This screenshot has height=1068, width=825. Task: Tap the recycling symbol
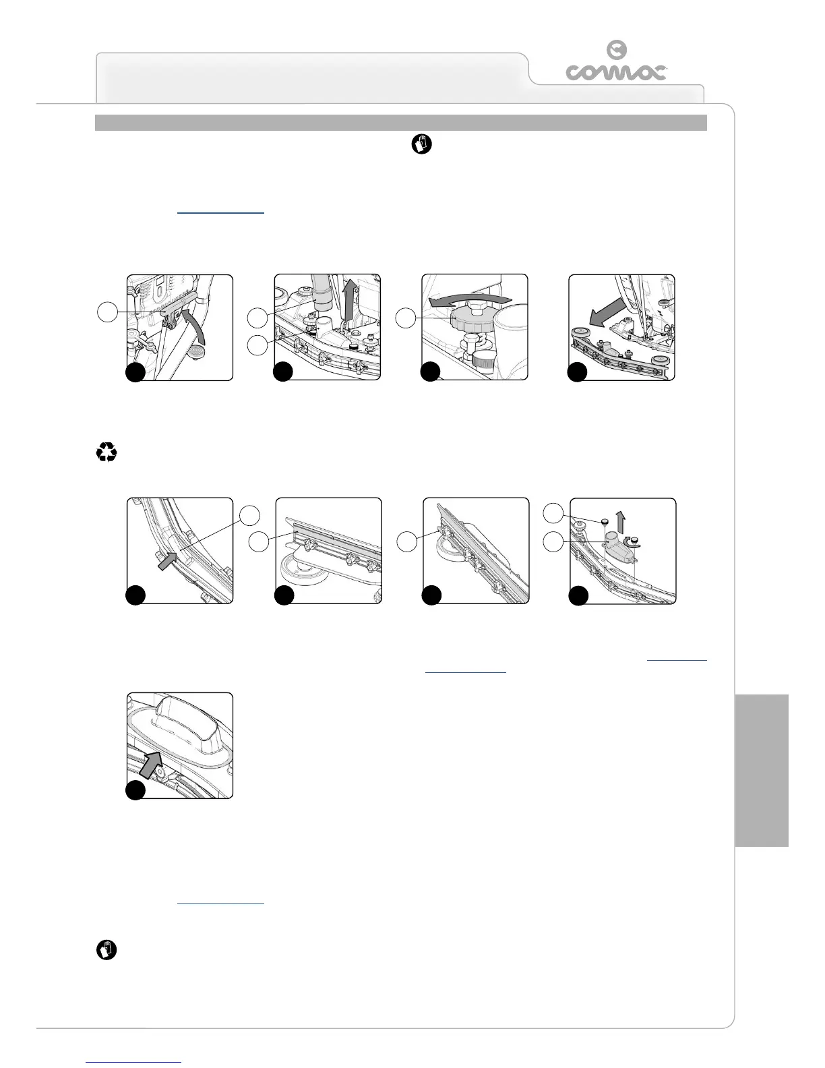point(106,452)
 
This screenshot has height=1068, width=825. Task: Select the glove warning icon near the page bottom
point(106,951)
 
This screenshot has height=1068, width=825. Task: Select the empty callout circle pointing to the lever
point(106,312)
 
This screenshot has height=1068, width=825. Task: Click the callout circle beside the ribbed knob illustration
point(405,318)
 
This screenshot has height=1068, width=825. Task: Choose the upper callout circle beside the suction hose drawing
point(257,318)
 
